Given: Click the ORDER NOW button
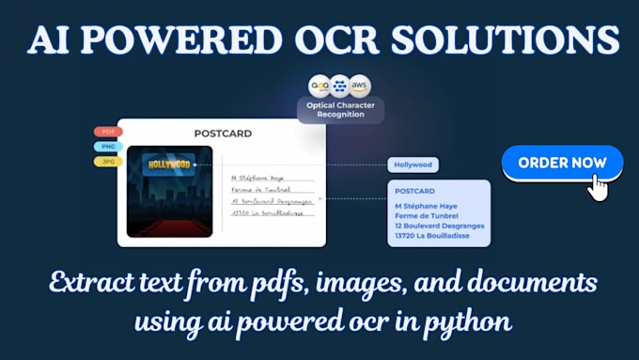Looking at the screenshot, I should (562, 163).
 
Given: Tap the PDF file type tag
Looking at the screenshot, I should (108, 133).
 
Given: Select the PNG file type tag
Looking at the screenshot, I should (108, 147).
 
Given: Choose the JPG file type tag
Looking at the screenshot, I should (108, 162).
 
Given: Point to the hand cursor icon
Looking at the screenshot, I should (598, 186).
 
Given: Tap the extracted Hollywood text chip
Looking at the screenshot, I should (413, 165).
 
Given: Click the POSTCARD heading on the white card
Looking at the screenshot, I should (223, 133).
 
